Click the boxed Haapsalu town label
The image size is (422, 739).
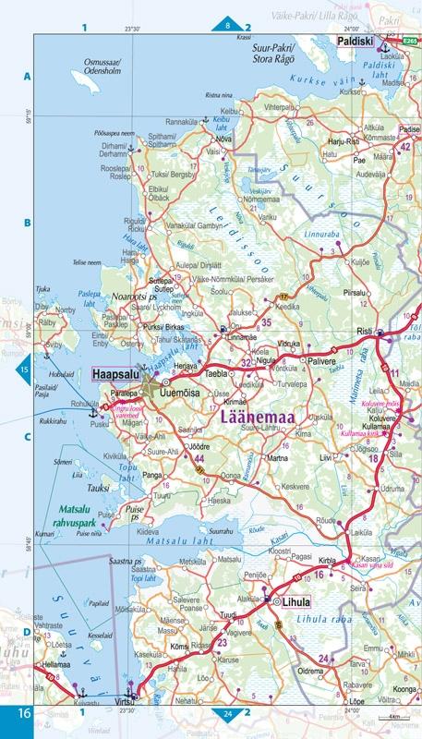115,376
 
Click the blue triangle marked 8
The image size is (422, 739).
229,26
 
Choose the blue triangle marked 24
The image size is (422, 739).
227,713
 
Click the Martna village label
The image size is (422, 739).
277,458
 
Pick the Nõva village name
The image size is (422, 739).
223,139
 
